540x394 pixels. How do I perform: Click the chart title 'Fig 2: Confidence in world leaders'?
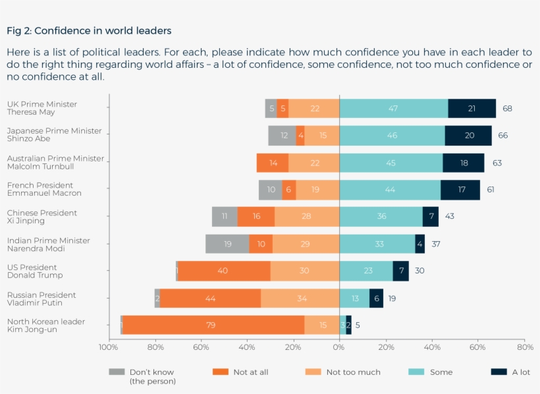click(x=89, y=30)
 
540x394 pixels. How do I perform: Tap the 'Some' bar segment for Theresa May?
click(x=393, y=109)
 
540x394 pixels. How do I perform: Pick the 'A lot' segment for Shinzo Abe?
click(x=468, y=136)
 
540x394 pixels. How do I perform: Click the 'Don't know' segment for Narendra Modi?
click(x=227, y=244)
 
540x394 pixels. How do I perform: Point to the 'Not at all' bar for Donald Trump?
click(x=224, y=271)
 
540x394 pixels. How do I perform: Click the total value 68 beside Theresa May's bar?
click(x=507, y=109)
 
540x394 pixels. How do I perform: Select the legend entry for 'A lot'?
click(x=510, y=372)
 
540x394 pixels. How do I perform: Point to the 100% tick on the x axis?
click(x=109, y=347)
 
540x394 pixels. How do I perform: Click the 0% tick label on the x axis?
click(x=339, y=347)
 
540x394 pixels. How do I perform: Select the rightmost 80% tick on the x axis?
click(x=524, y=347)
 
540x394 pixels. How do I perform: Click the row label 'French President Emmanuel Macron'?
click(x=43, y=189)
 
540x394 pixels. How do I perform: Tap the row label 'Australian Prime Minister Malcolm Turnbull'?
click(x=55, y=162)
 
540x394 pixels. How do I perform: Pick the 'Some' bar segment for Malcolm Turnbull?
click(x=391, y=163)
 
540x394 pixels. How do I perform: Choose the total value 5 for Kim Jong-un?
click(x=358, y=325)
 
